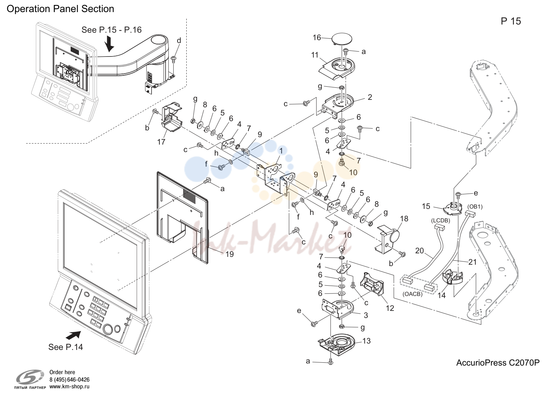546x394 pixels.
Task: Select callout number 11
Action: pos(315,55)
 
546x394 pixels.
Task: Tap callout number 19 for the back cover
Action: pos(229,254)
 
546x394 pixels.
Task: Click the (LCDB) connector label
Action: pos(441,221)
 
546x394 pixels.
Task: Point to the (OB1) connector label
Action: pos(475,207)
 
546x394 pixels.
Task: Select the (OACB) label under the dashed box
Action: pos(413,294)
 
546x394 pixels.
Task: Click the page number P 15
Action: pos(511,21)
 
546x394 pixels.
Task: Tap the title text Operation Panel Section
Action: pos(60,9)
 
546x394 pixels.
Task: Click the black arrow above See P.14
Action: pos(73,335)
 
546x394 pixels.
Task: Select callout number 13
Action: pos(367,341)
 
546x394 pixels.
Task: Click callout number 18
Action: pos(404,218)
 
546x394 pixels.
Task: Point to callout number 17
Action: pos(161,142)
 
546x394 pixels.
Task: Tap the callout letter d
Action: pos(179,41)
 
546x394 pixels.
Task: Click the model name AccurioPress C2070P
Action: pos(498,362)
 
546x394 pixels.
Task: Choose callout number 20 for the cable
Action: pos(420,251)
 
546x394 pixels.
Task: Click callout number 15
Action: pos(426,206)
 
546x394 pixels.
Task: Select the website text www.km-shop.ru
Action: pos(70,387)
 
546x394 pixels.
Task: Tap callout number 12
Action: pos(390,308)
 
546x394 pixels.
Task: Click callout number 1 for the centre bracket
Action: pos(281,151)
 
